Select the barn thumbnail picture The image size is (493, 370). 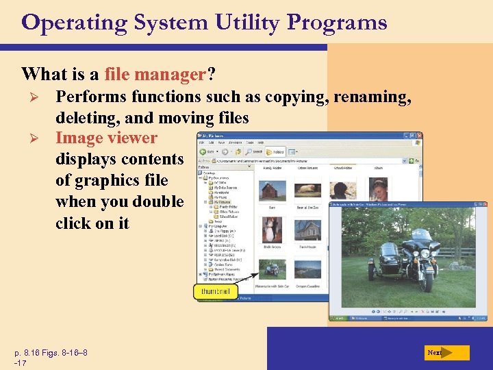[x=272, y=189]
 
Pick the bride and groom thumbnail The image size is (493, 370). [x=272, y=230]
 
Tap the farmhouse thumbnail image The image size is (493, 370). [x=308, y=230]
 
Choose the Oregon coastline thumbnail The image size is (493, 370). [x=308, y=268]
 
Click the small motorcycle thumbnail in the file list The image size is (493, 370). [x=272, y=268]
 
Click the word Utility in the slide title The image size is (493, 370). [x=244, y=23]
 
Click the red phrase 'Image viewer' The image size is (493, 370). [x=106, y=138]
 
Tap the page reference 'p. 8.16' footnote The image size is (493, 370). [x=34, y=353]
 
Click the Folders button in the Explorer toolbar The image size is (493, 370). [x=275, y=151]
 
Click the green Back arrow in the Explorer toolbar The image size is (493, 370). [x=204, y=151]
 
